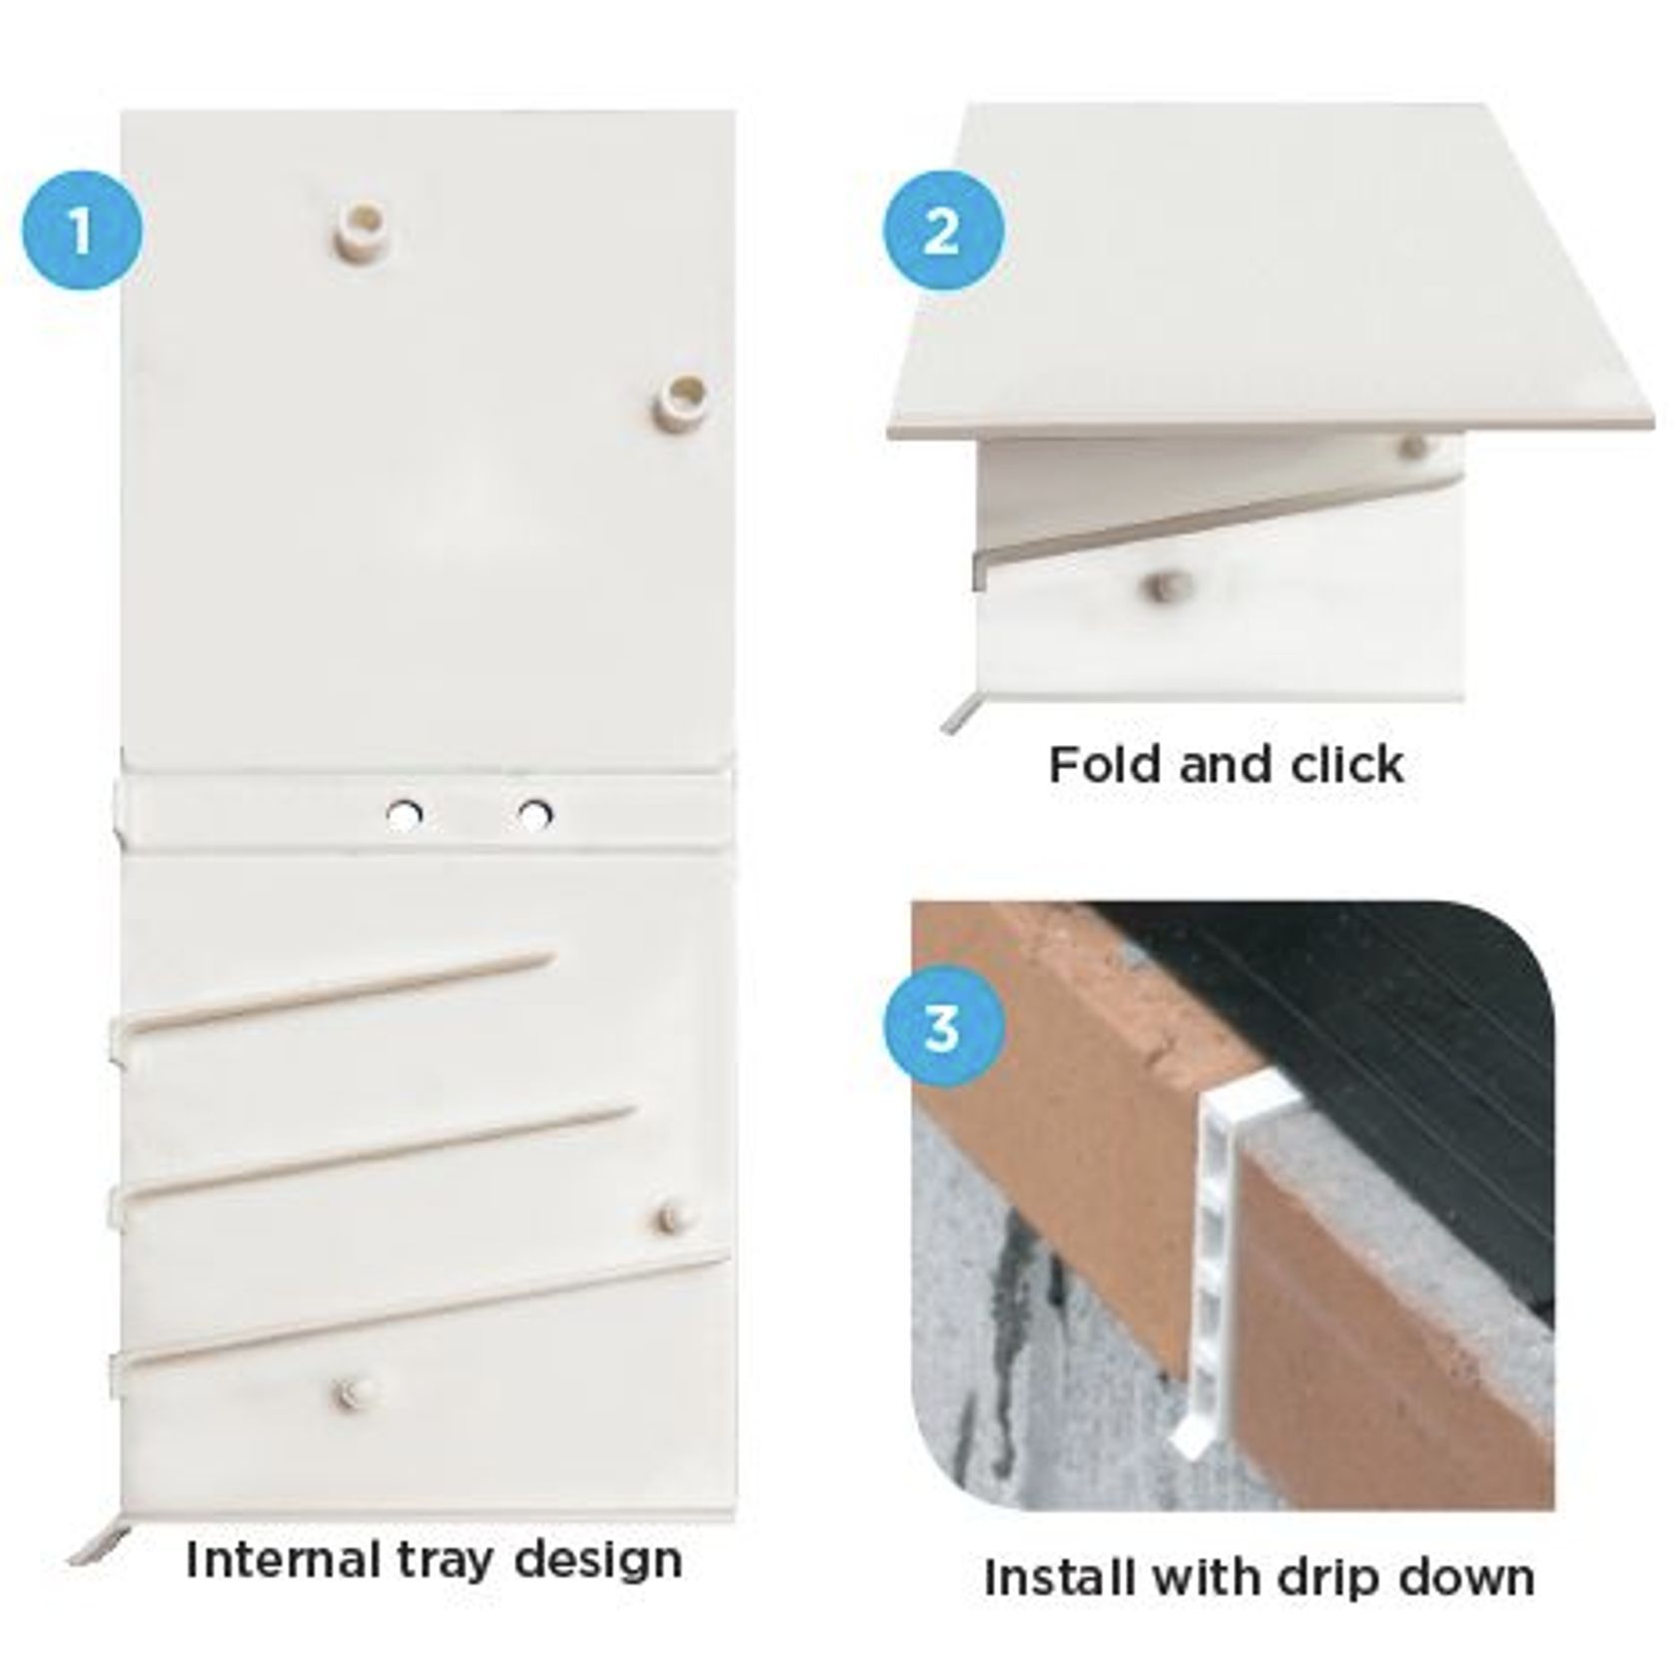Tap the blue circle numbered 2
(x=942, y=231)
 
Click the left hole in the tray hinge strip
(x=404, y=815)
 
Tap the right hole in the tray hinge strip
(x=534, y=814)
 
